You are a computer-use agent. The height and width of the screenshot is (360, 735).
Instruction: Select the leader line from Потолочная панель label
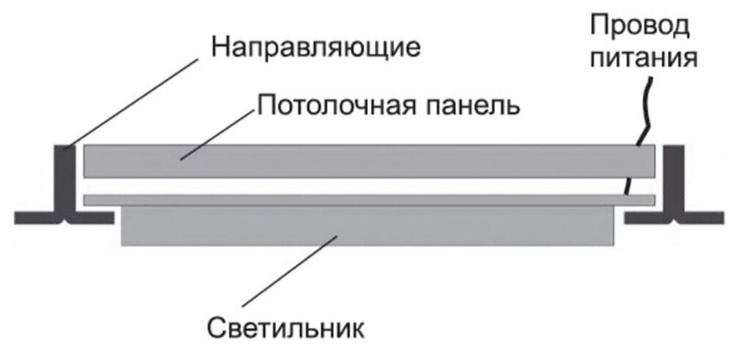220,132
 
